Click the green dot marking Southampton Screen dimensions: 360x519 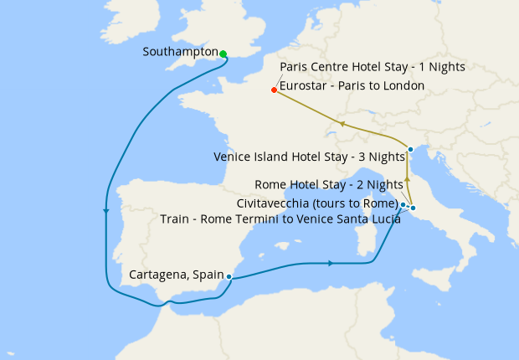point(223,54)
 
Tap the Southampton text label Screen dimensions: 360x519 point(180,51)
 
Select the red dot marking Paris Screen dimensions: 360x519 point(274,90)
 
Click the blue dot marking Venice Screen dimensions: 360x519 point(410,150)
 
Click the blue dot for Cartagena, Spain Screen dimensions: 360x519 point(229,277)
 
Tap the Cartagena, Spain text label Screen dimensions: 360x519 point(176,275)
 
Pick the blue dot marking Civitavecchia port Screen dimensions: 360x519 point(403,204)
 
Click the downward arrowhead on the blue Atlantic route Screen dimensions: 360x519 point(105,211)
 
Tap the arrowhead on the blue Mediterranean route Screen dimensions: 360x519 point(331,263)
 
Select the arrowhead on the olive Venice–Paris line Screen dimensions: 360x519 point(342,124)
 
